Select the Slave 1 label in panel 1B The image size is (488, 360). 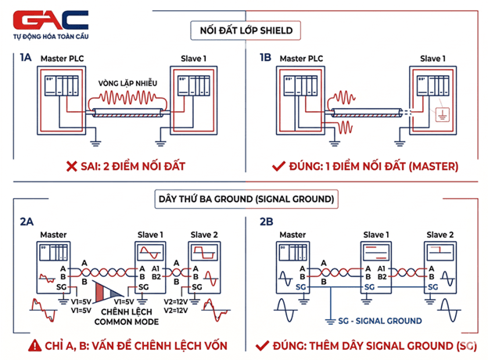click(x=434, y=59)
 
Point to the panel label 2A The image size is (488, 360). click(x=27, y=221)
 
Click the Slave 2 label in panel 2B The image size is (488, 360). click(x=440, y=235)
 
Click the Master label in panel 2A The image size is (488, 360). click(x=52, y=235)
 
